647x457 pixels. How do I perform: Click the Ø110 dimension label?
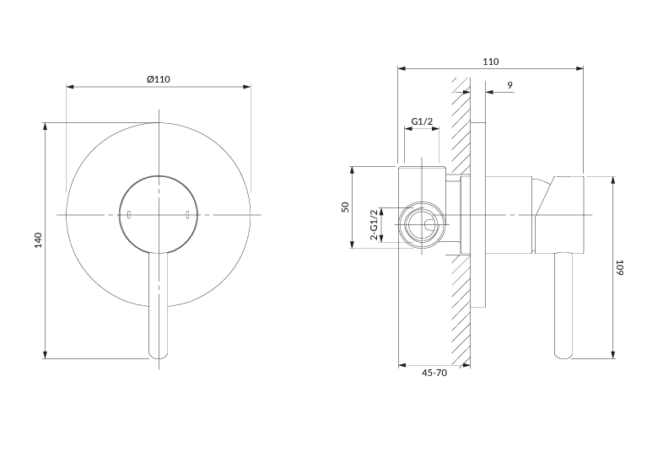(159, 78)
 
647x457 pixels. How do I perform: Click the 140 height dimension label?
(38, 240)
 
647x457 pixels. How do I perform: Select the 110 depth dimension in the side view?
(491, 62)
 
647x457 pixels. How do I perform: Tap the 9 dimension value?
(510, 85)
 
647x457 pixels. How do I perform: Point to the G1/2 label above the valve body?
(422, 122)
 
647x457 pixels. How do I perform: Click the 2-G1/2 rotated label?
(374, 226)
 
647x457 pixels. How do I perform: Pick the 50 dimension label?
(345, 207)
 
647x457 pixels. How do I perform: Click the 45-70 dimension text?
(434, 373)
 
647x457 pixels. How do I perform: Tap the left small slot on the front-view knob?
(129, 215)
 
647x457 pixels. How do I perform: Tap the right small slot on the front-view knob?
(187, 215)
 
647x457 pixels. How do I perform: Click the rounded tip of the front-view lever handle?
(158, 355)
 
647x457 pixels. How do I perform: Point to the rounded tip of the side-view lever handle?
(563, 354)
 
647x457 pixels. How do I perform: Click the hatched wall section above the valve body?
(460, 126)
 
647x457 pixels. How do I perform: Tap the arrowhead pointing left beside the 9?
(489, 93)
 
